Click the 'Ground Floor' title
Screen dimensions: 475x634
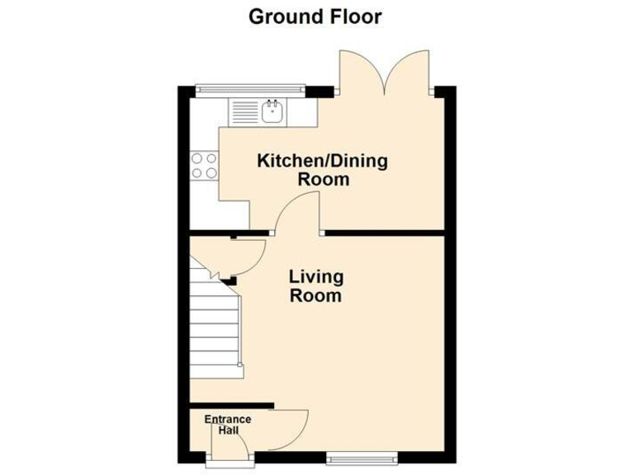coord(315,16)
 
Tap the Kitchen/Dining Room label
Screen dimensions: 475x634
coord(322,169)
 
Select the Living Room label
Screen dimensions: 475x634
coord(316,285)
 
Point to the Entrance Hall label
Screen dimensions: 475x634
coord(228,425)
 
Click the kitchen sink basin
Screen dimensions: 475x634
coord(272,111)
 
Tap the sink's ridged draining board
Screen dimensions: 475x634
coord(245,111)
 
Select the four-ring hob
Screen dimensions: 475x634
coord(204,166)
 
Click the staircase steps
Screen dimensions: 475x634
coord(215,330)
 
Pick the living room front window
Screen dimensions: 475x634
coord(360,456)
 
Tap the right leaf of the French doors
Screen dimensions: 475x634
coord(413,70)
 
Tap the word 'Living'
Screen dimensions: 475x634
coord(316,277)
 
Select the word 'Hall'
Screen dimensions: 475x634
coord(228,431)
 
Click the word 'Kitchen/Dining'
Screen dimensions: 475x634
coord(322,160)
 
